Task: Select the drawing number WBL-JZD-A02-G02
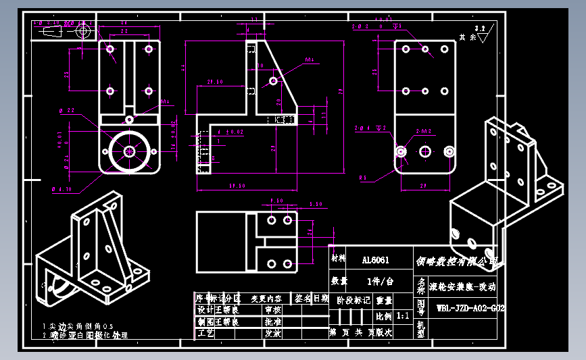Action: [469, 308]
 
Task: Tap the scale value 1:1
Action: [402, 315]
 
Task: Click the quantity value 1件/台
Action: [379, 281]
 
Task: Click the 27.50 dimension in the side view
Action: [215, 82]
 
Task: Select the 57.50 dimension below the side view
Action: [236, 185]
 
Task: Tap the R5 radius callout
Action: [363, 178]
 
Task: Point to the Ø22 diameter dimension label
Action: [67, 110]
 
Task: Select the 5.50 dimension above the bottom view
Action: [315, 204]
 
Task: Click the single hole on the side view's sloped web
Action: [273, 80]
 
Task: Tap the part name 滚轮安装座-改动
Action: [466, 287]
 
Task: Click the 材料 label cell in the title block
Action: [337, 259]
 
